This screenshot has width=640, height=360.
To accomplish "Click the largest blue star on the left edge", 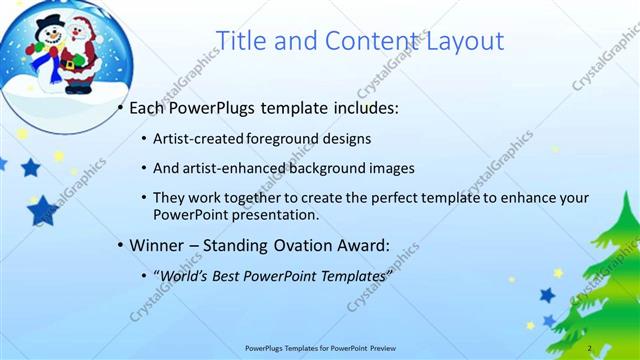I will (43, 209).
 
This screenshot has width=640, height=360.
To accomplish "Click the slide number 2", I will (590, 348).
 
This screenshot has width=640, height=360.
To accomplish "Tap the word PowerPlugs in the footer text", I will (268, 348).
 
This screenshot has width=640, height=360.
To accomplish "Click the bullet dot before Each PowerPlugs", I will (121, 107).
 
